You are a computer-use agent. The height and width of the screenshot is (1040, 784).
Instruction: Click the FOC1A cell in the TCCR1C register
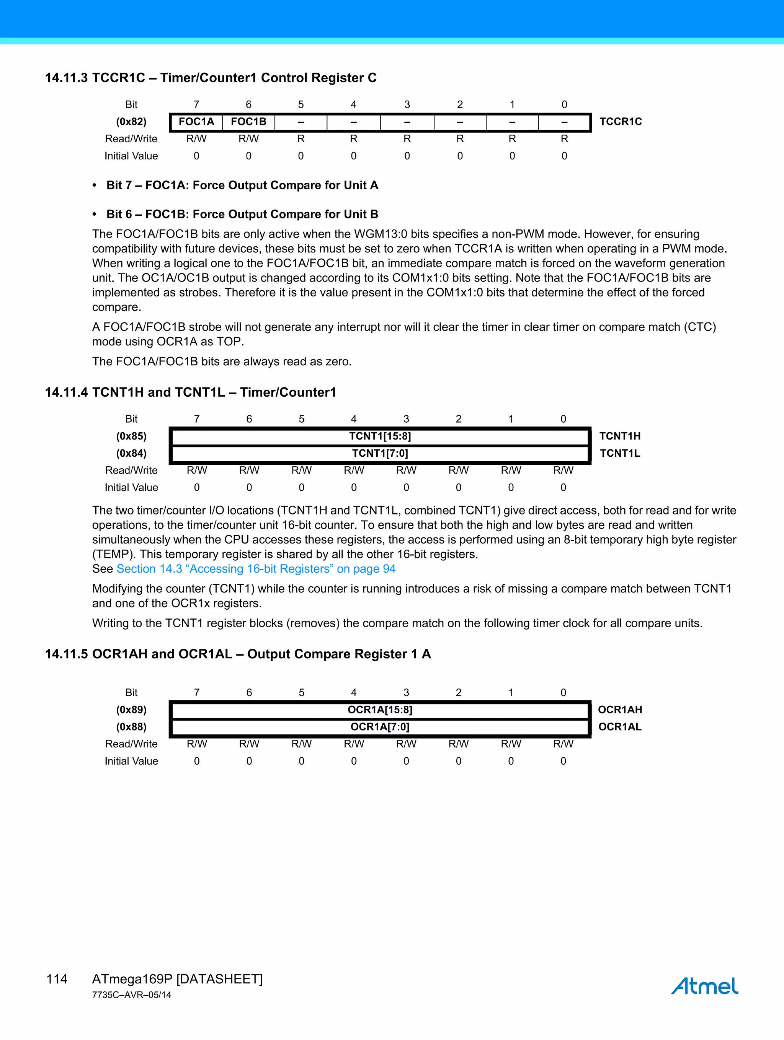196,122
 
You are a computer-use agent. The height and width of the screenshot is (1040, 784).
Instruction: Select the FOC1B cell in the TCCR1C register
248,122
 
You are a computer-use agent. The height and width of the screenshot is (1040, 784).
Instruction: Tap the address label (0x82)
131,122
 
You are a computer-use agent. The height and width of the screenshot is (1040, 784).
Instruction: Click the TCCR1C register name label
620,122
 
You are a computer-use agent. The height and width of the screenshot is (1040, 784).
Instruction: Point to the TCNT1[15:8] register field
380,436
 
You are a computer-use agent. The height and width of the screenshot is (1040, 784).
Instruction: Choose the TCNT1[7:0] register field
380,453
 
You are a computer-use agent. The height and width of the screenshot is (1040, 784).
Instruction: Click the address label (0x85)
131,436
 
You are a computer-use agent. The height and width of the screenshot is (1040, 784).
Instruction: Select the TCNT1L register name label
620,453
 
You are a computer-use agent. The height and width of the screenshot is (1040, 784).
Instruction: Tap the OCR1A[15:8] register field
380,710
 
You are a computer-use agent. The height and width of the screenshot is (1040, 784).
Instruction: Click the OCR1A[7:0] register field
380,727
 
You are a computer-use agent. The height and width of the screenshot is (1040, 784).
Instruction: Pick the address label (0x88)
131,727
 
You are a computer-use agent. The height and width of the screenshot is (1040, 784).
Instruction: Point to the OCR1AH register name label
620,710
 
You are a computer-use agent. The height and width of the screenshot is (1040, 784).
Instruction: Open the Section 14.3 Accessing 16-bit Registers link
256,569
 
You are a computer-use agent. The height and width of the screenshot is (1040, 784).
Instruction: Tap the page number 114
57,979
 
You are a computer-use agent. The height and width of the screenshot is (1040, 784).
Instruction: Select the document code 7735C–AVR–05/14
132,995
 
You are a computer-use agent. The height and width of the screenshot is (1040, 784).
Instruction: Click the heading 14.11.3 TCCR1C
210,78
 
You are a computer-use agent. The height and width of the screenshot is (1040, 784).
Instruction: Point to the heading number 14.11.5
66,654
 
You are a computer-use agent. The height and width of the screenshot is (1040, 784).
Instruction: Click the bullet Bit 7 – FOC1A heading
242,185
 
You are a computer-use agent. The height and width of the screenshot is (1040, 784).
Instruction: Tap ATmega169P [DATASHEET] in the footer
177,979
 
